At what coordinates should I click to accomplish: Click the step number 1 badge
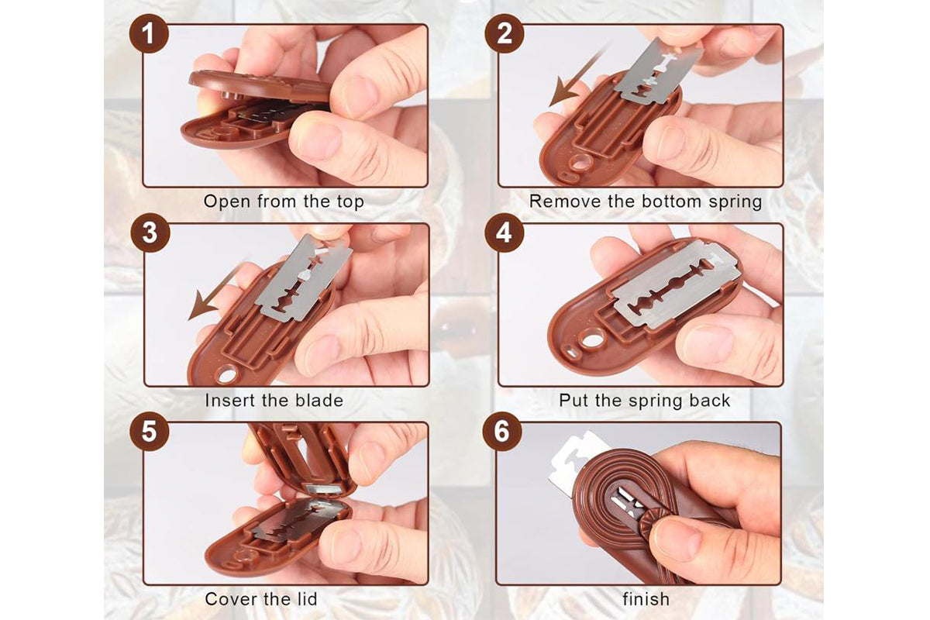click(x=150, y=36)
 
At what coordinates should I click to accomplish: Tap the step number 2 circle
click(x=505, y=36)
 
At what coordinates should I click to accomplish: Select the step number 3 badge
click(x=150, y=233)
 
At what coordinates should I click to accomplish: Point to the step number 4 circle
click(x=505, y=233)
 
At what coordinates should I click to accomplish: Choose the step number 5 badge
click(x=150, y=432)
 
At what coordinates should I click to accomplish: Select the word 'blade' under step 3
click(x=317, y=401)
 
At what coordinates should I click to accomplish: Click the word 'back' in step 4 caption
click(x=710, y=401)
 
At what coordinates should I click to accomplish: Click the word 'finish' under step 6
click(x=646, y=599)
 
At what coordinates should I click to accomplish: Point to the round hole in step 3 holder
click(x=227, y=375)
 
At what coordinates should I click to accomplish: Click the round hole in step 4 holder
click(x=593, y=338)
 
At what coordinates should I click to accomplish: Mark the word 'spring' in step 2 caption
click(x=732, y=202)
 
